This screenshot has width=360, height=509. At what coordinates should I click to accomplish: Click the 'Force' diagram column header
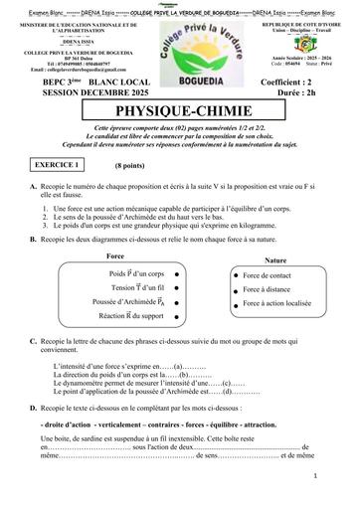tap(114, 257)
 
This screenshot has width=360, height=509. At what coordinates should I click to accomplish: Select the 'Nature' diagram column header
tap(276, 260)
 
